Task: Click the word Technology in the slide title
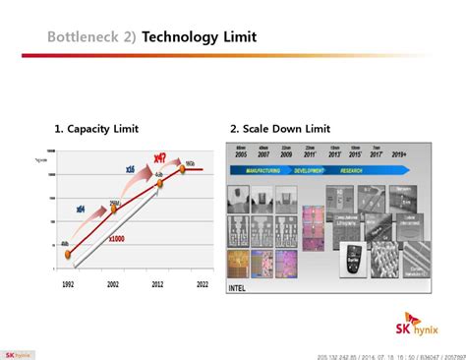182,37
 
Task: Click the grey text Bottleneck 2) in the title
92,37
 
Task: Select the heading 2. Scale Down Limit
280,129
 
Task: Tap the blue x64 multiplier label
80,209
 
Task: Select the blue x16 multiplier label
128,170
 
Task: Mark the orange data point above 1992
68,254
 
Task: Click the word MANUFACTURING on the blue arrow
259,169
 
